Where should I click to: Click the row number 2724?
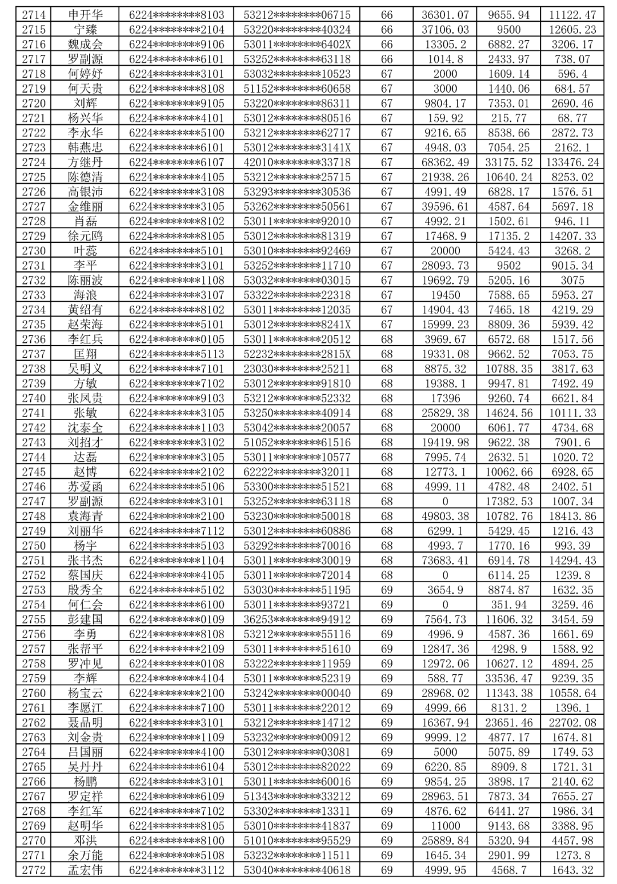click(34, 162)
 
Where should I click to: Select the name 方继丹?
click(85, 162)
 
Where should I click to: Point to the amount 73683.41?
click(445, 561)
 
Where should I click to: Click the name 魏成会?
click(85, 45)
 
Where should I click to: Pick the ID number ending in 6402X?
click(297, 45)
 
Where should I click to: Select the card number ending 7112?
click(177, 531)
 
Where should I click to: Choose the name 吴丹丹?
click(85, 767)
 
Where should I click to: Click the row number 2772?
click(34, 870)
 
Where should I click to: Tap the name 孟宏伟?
click(85, 870)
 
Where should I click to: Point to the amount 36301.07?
click(445, 15)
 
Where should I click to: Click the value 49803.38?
click(445, 516)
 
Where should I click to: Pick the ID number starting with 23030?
click(297, 369)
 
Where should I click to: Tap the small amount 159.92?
click(445, 118)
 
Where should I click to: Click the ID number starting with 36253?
click(297, 619)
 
